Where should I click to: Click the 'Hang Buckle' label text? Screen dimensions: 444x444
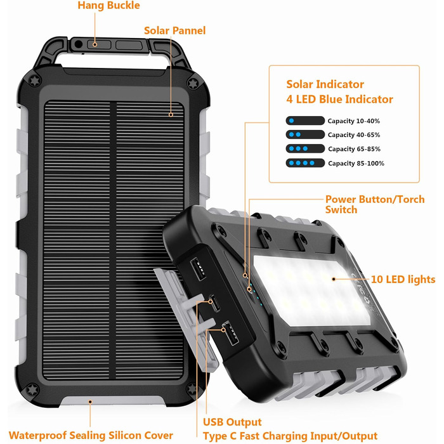[108, 6]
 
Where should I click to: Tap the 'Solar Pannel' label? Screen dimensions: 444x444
[174, 30]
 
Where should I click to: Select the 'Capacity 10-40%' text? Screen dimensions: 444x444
[354, 121]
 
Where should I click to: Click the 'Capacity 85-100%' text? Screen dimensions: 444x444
[356, 164]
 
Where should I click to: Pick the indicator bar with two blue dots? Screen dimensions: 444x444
[305, 134]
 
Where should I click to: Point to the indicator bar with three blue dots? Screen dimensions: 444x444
[305, 148]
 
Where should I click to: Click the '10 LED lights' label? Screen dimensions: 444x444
[403, 280]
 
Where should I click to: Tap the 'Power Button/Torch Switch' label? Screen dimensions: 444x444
[375, 204]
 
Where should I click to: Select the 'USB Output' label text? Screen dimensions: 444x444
[232, 422]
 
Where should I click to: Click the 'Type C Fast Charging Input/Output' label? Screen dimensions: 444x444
[291, 436]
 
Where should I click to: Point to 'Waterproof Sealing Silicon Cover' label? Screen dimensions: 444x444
[91, 435]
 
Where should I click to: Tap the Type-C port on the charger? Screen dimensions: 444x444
[214, 303]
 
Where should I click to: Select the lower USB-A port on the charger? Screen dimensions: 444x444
[230, 333]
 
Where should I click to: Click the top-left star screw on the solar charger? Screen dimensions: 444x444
[35, 81]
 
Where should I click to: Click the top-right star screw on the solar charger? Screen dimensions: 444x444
[193, 84]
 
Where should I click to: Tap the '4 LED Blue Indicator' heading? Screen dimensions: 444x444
[339, 100]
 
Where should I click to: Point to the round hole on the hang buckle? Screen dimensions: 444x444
[78, 44]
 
